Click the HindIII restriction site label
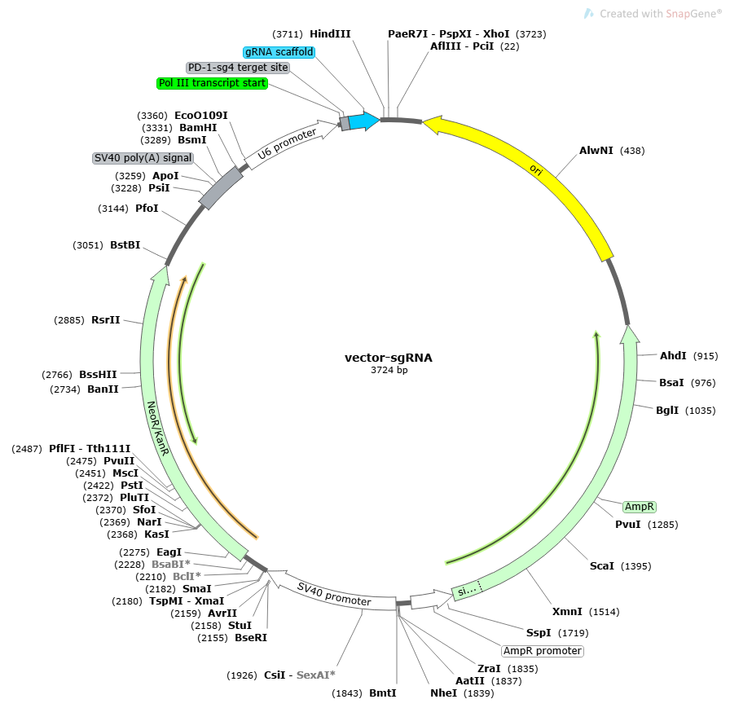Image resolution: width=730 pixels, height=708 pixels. [x=330, y=34]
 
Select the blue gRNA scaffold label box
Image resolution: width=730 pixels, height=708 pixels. [x=279, y=52]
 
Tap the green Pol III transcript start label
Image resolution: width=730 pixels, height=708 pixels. [x=212, y=83]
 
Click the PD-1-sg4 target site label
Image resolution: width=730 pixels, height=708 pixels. [x=238, y=68]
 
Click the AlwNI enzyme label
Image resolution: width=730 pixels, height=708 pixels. [x=596, y=151]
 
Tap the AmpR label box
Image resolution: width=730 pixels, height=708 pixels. [x=640, y=507]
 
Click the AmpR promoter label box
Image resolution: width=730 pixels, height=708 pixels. [x=543, y=651]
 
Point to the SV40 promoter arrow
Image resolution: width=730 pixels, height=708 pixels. [x=334, y=594]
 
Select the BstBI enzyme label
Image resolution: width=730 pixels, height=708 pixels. [x=125, y=245]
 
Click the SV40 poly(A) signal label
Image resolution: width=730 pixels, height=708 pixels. [x=143, y=158]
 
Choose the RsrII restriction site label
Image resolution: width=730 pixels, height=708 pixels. [x=106, y=320]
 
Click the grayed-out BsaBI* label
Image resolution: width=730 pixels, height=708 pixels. [x=171, y=565]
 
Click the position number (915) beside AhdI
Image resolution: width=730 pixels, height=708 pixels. [x=706, y=356]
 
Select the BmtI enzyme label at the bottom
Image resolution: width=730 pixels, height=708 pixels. [x=382, y=693]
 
